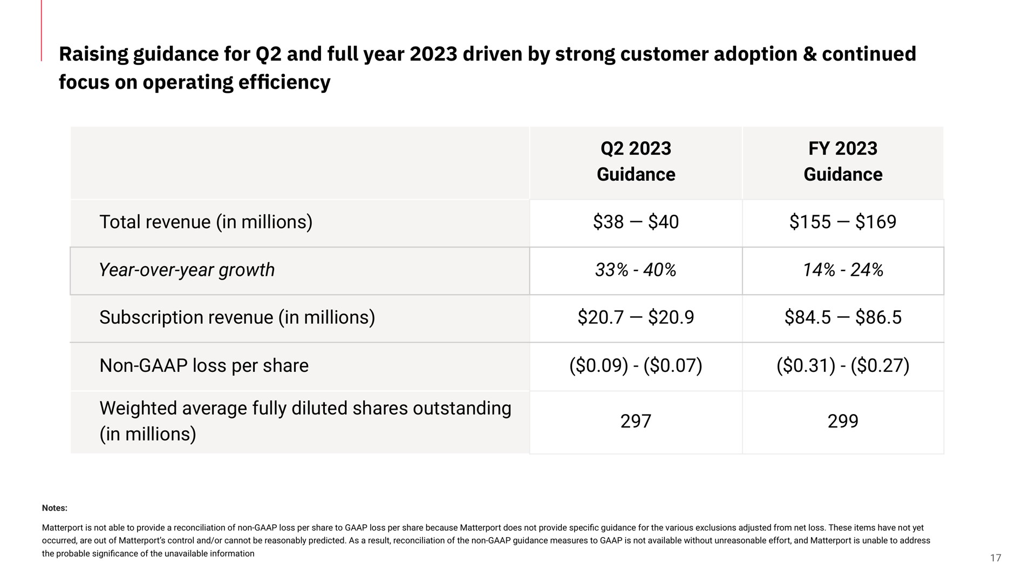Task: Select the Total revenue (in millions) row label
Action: click(x=206, y=222)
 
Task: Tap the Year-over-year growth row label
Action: click(x=187, y=270)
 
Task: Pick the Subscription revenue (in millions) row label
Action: click(x=237, y=317)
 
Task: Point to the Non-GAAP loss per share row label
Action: click(x=204, y=365)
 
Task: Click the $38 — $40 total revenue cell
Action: click(x=636, y=222)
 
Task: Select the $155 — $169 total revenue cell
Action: click(x=843, y=222)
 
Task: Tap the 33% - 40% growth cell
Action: click(x=636, y=270)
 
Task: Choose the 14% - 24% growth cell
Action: click(x=843, y=270)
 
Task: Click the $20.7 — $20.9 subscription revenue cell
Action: click(x=636, y=317)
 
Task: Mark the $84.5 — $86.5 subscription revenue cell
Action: click(x=843, y=317)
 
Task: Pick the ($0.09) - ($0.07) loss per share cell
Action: click(x=636, y=366)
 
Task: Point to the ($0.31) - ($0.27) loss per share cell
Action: click(x=843, y=366)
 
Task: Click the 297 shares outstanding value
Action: click(x=636, y=421)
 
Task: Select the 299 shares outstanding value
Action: click(x=843, y=421)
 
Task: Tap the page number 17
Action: click(x=996, y=558)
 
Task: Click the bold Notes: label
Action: click(x=54, y=508)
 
